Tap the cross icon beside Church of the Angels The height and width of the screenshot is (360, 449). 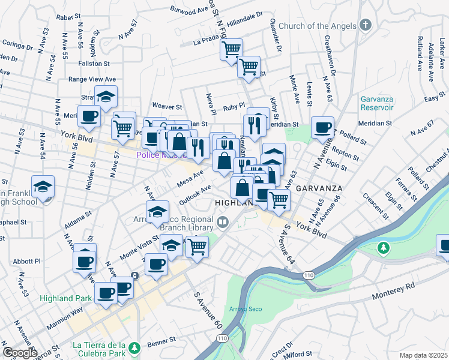pyautogui.click(x=366, y=26)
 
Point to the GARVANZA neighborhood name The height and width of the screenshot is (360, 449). pyautogui.click(x=319, y=188)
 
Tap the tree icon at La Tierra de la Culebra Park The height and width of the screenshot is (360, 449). pyautogui.click(x=136, y=346)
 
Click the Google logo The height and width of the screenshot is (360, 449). pyautogui.click(x=20, y=353)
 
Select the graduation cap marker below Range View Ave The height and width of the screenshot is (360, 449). pyautogui.click(x=106, y=97)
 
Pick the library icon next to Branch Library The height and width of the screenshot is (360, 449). pyautogui.click(x=222, y=224)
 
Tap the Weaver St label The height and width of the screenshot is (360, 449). pyautogui.click(x=166, y=105)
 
